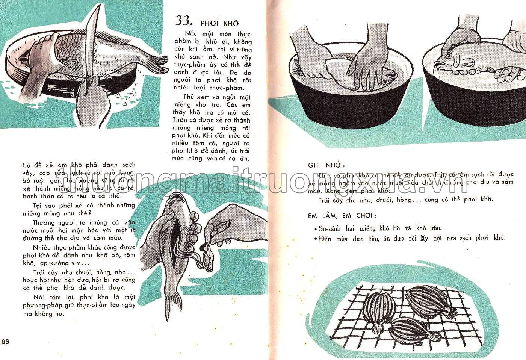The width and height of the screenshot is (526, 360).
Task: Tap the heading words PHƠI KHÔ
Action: pyautogui.click(x=219, y=23)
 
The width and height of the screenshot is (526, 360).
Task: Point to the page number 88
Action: pyautogui.click(x=5, y=342)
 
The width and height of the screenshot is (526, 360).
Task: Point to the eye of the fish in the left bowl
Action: pyautogui.click(x=385, y=80)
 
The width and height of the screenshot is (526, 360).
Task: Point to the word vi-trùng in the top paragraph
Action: pyautogui.click(x=240, y=50)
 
